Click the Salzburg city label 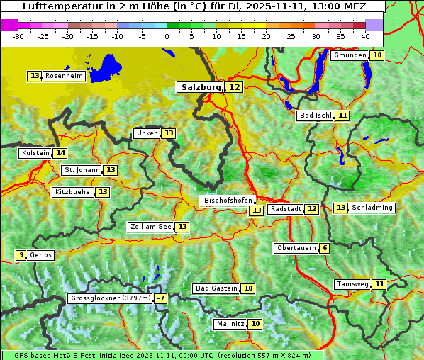coord(201,87)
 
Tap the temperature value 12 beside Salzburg coord(234,87)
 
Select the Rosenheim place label coord(64,76)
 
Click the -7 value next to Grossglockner coord(161,299)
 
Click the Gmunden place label coord(350,55)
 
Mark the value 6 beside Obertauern coord(324,248)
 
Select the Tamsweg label coord(352,284)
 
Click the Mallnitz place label coord(230,324)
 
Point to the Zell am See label coord(151,227)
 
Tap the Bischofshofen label coord(228,201)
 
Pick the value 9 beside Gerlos coord(21,255)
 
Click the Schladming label coord(372,208)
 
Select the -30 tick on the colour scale coord(18,35)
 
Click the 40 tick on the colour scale coord(365,35)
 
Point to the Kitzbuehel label coord(73,192)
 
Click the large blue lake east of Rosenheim coord(107,67)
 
